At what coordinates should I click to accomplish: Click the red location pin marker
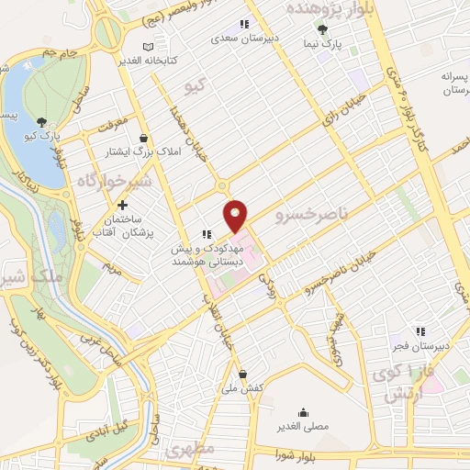[x=237, y=215]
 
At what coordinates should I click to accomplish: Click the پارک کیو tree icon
[x=41, y=122]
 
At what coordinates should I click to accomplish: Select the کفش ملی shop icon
[x=242, y=374]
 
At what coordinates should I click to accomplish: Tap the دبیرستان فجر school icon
[x=420, y=331]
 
